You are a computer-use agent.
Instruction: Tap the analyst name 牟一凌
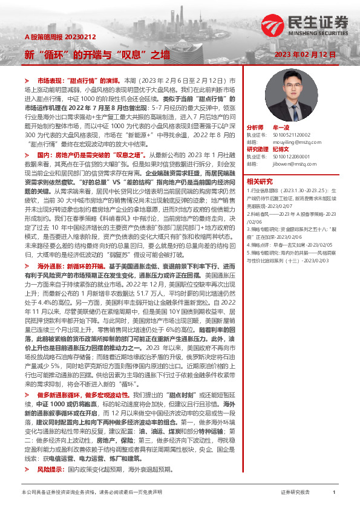[x=282, y=128]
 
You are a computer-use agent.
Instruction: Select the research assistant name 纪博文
[x=282, y=149]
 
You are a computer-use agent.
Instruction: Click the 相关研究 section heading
[x=260, y=180]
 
